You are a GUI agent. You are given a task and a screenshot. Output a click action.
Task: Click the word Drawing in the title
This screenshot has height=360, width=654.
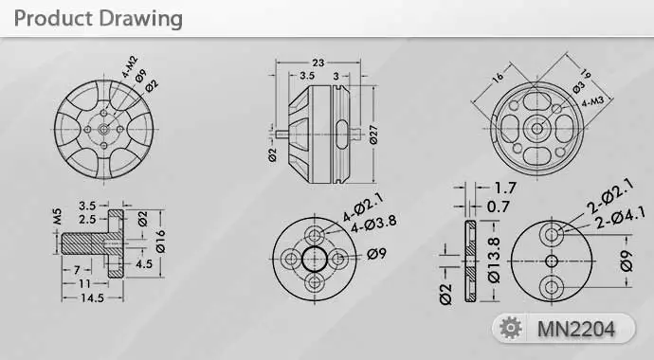point(141,19)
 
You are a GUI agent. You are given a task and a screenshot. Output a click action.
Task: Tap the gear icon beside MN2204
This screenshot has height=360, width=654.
point(511,328)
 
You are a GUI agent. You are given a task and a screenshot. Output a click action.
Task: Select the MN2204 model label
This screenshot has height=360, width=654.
point(576,329)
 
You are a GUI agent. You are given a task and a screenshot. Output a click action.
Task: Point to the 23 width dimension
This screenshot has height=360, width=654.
point(318,63)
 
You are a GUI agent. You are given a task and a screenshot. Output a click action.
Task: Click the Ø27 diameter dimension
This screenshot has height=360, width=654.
point(373,135)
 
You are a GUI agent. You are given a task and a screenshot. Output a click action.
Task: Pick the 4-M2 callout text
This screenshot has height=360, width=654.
point(130,66)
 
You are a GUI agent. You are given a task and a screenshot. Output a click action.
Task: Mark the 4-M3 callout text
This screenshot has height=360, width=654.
point(592,101)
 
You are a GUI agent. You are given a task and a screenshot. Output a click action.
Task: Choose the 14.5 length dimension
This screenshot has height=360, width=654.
point(92,297)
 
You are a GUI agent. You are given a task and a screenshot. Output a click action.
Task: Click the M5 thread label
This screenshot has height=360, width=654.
point(57,216)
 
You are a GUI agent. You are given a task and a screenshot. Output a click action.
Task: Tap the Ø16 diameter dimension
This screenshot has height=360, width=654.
point(160,242)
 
